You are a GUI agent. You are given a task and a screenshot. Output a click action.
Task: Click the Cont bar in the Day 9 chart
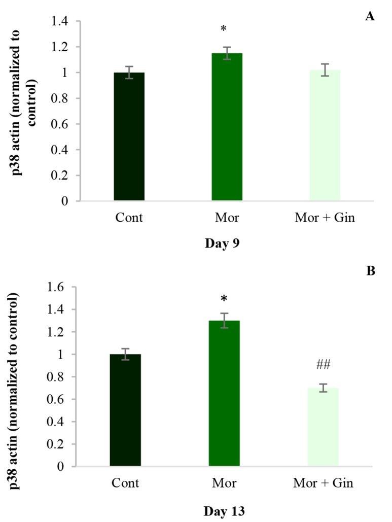pos(129,137)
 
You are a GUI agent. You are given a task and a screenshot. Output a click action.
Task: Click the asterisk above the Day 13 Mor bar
pos(224,297)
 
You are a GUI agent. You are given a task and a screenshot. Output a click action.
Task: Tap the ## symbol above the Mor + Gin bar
pos(323,365)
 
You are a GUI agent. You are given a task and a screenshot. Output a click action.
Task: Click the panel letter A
pos(370,17)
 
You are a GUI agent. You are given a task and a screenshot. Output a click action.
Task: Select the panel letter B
pos(371,271)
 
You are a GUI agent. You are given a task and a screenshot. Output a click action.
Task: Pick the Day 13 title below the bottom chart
pos(224,511)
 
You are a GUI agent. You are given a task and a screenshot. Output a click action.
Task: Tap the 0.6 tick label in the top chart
pos(59,124)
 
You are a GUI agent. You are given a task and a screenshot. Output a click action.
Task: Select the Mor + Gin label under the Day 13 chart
pos(323,483)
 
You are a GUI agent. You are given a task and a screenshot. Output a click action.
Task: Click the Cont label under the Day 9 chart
pos(129,218)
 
